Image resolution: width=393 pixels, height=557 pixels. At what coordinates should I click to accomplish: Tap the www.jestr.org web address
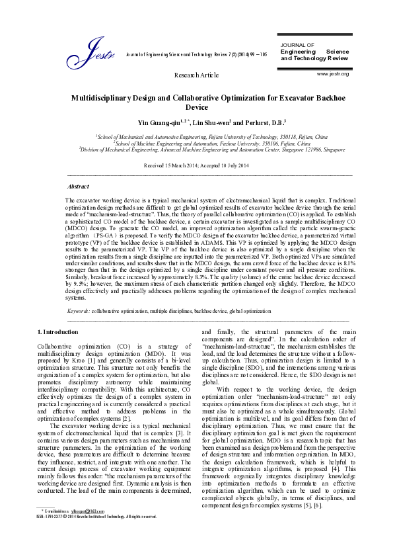[x=333, y=73]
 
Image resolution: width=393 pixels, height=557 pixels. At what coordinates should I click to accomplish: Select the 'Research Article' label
[x=196, y=75]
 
